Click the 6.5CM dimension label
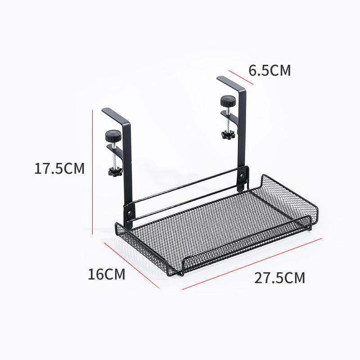tap(270, 71)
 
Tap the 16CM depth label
tap(107, 274)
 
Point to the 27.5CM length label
tap(279, 278)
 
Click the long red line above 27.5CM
tap(252, 263)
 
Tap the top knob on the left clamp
tap(111, 135)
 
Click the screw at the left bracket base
tap(130, 210)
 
